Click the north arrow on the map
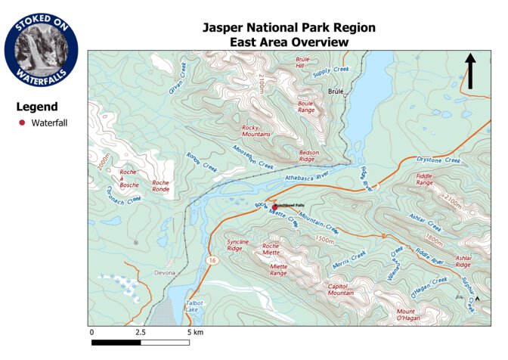[x=469, y=70]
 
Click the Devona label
[x=164, y=272]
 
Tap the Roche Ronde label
[x=160, y=186]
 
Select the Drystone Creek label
[x=438, y=160]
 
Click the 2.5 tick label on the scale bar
[x=141, y=332]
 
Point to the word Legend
[x=37, y=107]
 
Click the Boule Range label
[x=305, y=107]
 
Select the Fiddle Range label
[x=424, y=179]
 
